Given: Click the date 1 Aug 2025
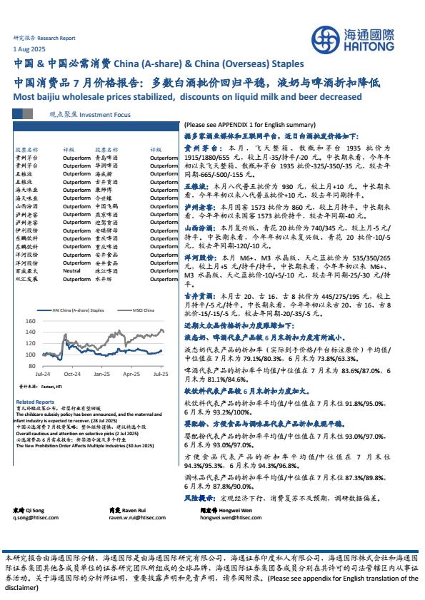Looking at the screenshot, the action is point(29,49).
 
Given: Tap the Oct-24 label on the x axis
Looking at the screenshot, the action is point(71,373).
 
